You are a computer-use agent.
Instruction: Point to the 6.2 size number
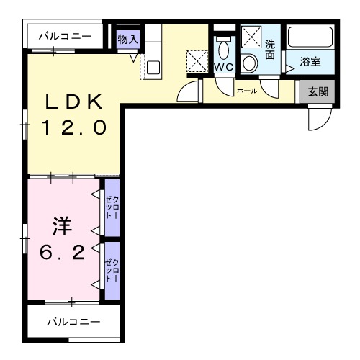tap(62, 252)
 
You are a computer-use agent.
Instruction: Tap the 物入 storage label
tap(128, 39)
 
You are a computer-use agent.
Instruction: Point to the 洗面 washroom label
tap(270, 48)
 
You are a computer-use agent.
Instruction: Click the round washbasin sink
tap(249, 63)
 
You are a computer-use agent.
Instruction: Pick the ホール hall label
tap(247, 91)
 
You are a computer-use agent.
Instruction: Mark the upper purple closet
tap(111, 207)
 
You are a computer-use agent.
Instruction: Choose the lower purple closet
tap(111, 270)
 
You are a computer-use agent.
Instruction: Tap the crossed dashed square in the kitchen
tap(197, 60)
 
